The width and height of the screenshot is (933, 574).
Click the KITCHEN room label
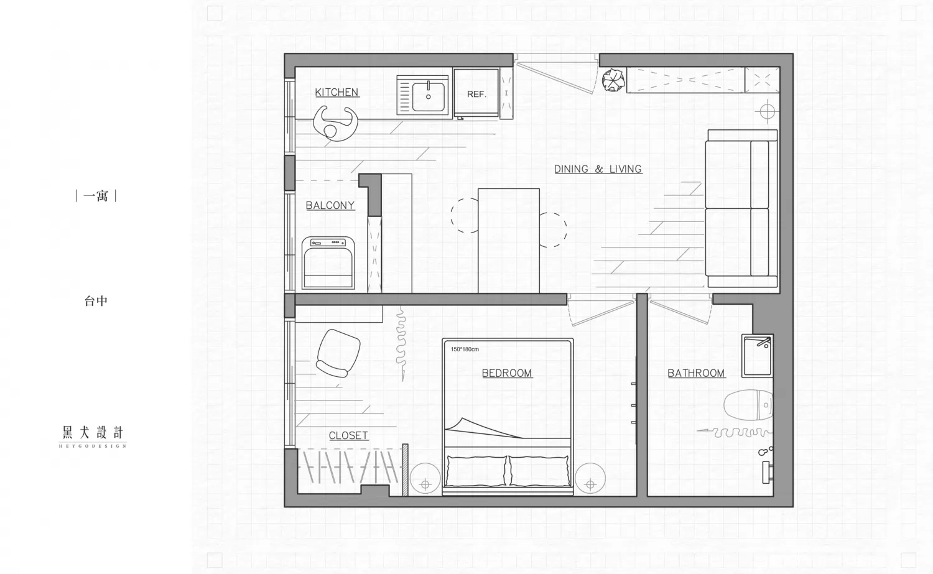(x=337, y=92)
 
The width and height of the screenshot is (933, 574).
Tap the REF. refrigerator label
(x=476, y=94)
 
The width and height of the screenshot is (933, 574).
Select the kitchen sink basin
(x=428, y=96)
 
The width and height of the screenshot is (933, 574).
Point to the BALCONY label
(x=330, y=205)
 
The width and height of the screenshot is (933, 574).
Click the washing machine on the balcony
(x=328, y=263)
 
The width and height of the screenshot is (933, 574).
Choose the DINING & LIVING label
(x=598, y=169)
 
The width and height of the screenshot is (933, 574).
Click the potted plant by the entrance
(x=613, y=80)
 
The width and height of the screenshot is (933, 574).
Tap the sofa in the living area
(x=742, y=208)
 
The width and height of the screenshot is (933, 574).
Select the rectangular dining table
(x=509, y=241)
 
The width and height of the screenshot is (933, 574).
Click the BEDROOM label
(x=507, y=373)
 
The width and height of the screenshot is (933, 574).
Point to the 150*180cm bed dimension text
(x=465, y=349)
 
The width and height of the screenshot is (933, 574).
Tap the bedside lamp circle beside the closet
(x=425, y=479)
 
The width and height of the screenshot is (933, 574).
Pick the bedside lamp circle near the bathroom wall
(x=590, y=478)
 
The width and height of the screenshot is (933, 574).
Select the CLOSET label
(x=348, y=435)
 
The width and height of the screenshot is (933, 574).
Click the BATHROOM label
(x=696, y=373)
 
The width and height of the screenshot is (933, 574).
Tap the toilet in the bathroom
(x=748, y=405)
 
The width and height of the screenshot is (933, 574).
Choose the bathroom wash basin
(x=757, y=356)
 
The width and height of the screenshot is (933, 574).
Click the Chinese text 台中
(x=96, y=301)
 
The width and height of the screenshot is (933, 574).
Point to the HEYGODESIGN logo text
(x=93, y=446)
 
